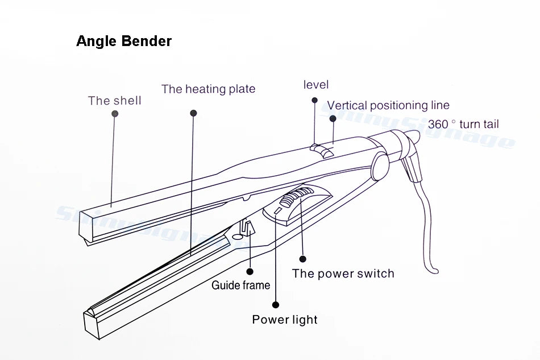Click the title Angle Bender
click(124, 42)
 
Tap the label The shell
click(114, 101)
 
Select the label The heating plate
click(208, 89)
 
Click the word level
click(316, 85)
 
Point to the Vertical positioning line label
click(388, 105)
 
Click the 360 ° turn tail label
click(464, 124)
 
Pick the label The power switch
click(343, 274)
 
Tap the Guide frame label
click(240, 285)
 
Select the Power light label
click(285, 320)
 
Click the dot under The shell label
click(115, 114)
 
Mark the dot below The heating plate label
click(193, 113)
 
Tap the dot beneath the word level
click(314, 100)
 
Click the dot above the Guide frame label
click(250, 272)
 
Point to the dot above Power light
click(276, 304)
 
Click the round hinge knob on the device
click(380, 165)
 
